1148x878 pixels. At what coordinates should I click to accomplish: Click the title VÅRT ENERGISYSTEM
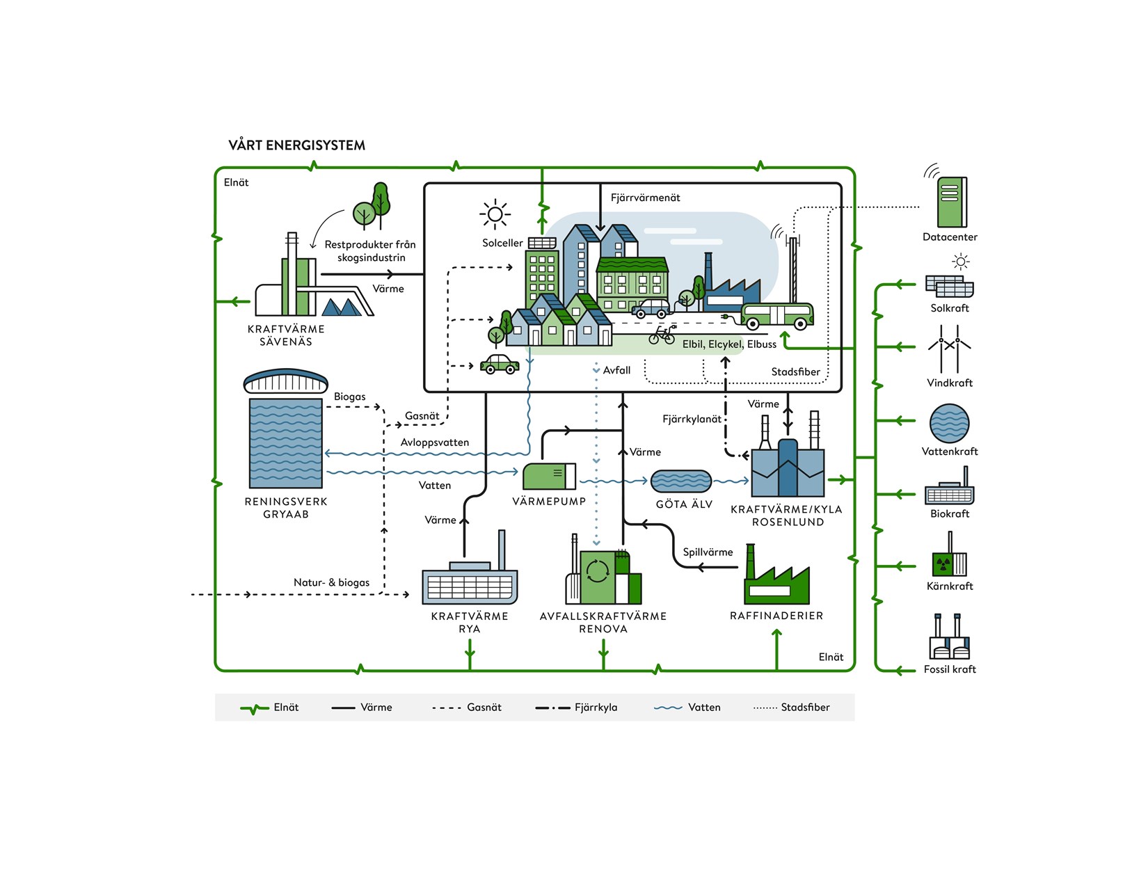[296, 145]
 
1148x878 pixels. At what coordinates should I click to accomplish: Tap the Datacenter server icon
[951, 202]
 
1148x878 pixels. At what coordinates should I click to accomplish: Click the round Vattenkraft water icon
[949, 423]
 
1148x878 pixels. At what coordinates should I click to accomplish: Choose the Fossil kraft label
[950, 669]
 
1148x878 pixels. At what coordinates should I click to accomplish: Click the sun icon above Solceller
[495, 214]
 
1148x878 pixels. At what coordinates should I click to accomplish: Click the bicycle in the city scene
[662, 336]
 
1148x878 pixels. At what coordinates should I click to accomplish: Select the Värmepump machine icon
[549, 477]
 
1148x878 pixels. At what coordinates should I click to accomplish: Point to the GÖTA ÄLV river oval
[680, 481]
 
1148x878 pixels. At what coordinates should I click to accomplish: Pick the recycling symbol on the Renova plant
[598, 571]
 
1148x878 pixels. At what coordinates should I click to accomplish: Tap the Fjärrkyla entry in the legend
[576, 708]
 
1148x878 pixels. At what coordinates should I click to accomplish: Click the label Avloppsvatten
[435, 442]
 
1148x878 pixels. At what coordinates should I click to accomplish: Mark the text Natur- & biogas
[331, 582]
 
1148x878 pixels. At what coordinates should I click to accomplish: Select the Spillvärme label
[708, 552]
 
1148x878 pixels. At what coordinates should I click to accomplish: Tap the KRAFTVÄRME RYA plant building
[470, 583]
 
